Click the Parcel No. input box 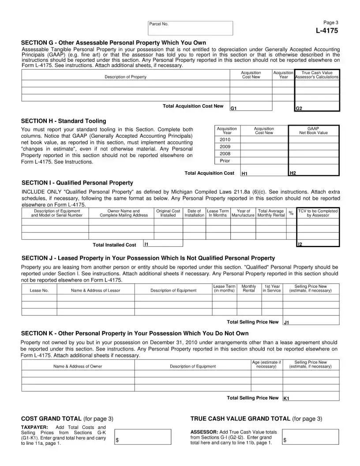point(190,28)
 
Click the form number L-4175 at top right point(326,30)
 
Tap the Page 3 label point(331,23)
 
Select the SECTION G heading point(114,43)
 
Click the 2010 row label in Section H point(225,139)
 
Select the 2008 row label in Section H point(225,154)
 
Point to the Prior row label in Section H point(225,161)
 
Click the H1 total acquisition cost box point(264,173)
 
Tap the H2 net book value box point(314,173)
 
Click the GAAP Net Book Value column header point(313,131)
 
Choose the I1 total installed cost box point(163,243)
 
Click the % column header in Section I point(291,214)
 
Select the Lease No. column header point(39,290)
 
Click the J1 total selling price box point(311,322)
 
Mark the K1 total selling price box point(311,398)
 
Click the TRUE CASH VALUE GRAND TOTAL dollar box point(310,437)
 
